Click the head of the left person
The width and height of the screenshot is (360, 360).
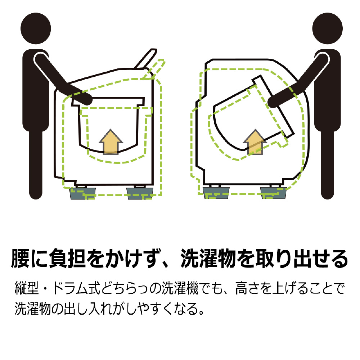pyautogui.click(x=36, y=28)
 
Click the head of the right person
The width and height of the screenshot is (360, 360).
pyautogui.click(x=327, y=28)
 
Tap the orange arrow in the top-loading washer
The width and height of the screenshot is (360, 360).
pyautogui.click(x=111, y=142)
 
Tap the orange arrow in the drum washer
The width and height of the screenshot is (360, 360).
pyautogui.click(x=255, y=142)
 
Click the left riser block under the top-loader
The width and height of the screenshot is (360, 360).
pyautogui.click(x=83, y=193)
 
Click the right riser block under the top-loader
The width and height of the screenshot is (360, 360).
pyautogui.click(x=140, y=193)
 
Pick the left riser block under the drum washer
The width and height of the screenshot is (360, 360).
pyautogui.click(x=216, y=193)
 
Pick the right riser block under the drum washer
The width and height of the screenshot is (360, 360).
pyautogui.click(x=273, y=193)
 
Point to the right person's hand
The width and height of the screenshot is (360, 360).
pyautogui.click(x=273, y=101)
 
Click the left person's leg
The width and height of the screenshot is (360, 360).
pyautogui.click(x=36, y=164)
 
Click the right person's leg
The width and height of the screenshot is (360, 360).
pyautogui.click(x=327, y=164)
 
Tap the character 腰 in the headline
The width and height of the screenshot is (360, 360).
pyautogui.click(x=20, y=258)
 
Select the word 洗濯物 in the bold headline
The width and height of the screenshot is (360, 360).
pyautogui.click(x=209, y=258)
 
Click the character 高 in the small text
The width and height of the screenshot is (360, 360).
pyautogui.click(x=242, y=288)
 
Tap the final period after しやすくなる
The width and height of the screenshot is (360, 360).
pyautogui.click(x=201, y=312)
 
